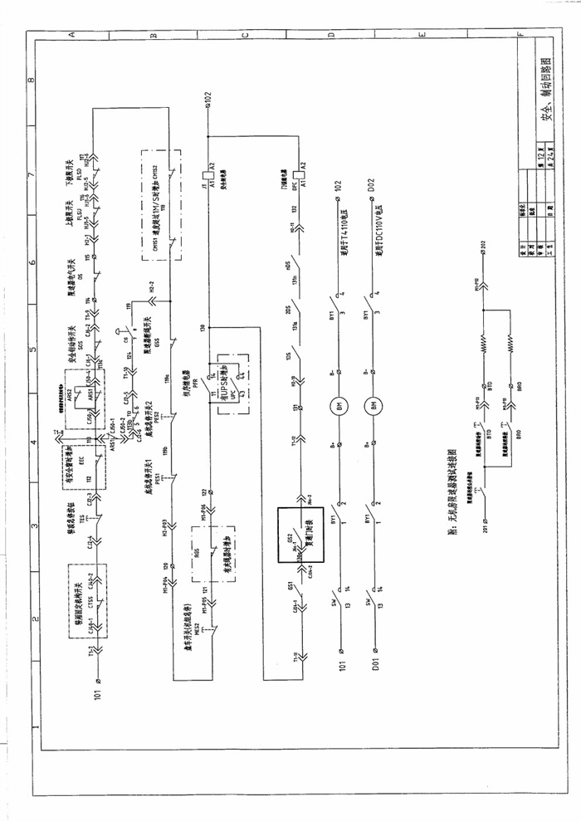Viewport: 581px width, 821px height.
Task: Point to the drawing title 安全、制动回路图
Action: click(547, 109)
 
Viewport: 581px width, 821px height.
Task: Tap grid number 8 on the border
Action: click(31, 81)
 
